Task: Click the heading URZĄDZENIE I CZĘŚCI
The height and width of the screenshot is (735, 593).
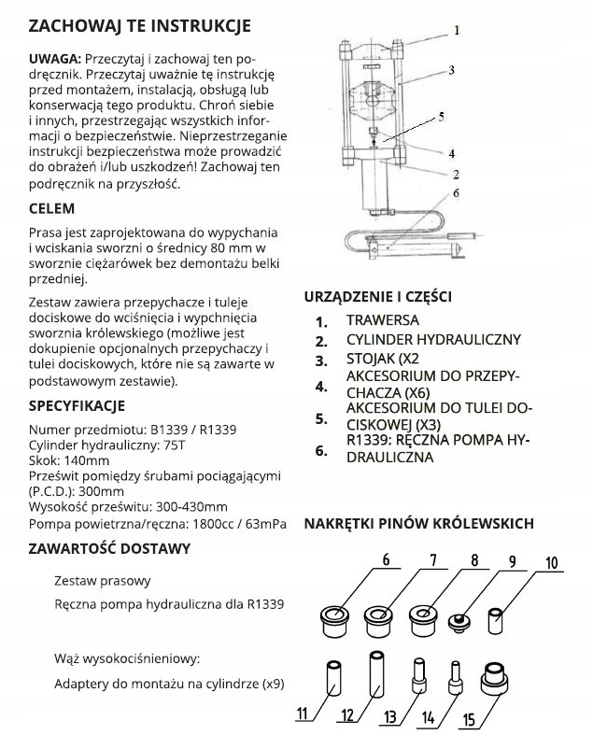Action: (x=378, y=297)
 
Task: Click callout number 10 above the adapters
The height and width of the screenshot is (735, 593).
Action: (x=550, y=562)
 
